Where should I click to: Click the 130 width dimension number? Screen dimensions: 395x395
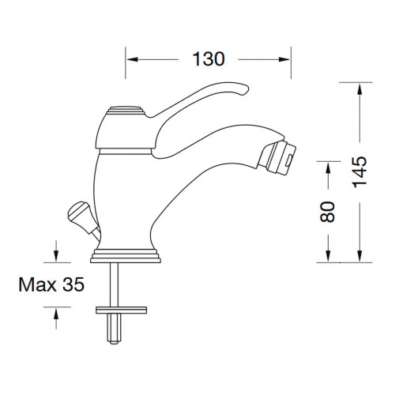[x=209, y=59]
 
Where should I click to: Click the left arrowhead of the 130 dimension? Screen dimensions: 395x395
[x=132, y=59]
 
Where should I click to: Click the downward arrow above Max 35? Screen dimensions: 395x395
[x=55, y=254]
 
